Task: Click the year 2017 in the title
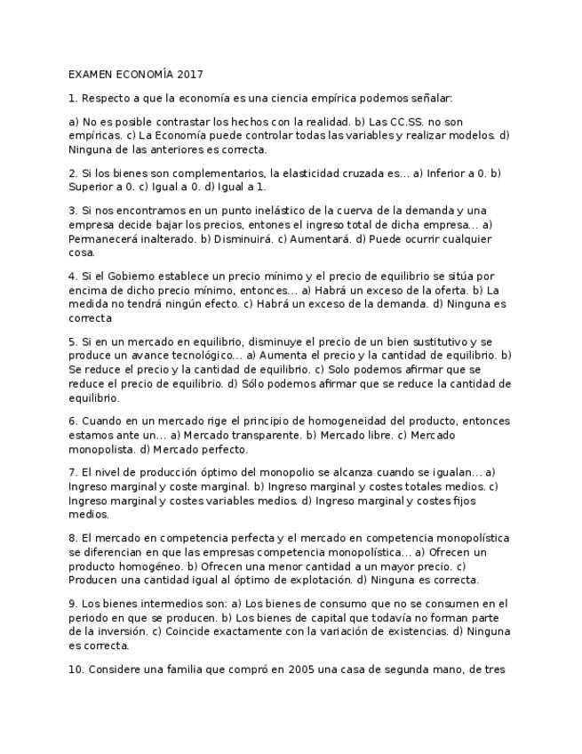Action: point(190,75)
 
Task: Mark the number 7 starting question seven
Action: point(72,472)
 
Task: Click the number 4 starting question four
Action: point(72,277)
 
